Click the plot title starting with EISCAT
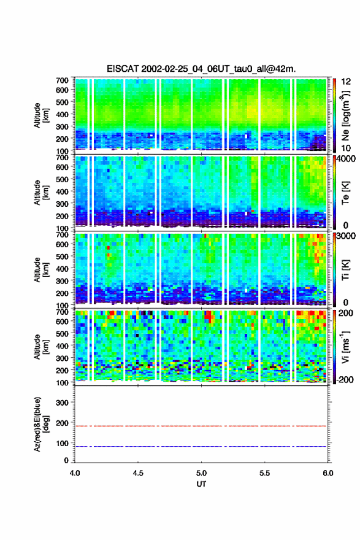pyautogui.click(x=201, y=69)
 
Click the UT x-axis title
pyautogui.click(x=201, y=484)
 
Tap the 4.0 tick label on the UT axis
pyautogui.click(x=75, y=473)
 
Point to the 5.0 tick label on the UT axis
pyautogui.click(x=201, y=473)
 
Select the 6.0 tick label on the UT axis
pyautogui.click(x=328, y=473)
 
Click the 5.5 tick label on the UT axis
pyautogui.click(x=265, y=473)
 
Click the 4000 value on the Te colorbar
pyautogui.click(x=347, y=160)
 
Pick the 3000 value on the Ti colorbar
pyautogui.click(x=347, y=236)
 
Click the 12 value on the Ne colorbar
pyautogui.click(x=347, y=82)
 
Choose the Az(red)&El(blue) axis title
pyautogui.click(x=41, y=424)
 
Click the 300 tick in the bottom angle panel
pyautogui.click(x=63, y=403)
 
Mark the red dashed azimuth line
pyautogui.click(x=201, y=426)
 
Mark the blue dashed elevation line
pyautogui.click(x=201, y=446)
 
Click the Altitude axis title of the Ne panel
pyautogui.click(x=41, y=115)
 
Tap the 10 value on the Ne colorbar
pyautogui.click(x=346, y=148)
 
